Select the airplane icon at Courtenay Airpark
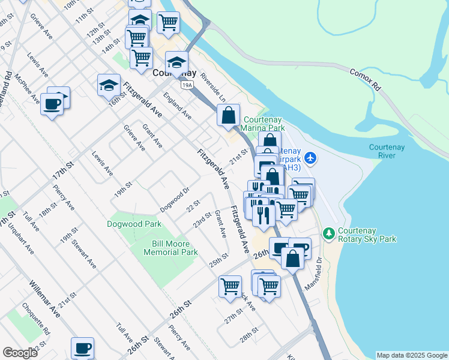310,158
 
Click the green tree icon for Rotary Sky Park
328,233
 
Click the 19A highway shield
188,85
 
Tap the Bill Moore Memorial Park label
170,248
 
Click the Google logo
20,353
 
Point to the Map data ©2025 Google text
411,355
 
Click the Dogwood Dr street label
175,200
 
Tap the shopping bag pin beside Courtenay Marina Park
228,115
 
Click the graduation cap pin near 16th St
109,85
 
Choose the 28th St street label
249,334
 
